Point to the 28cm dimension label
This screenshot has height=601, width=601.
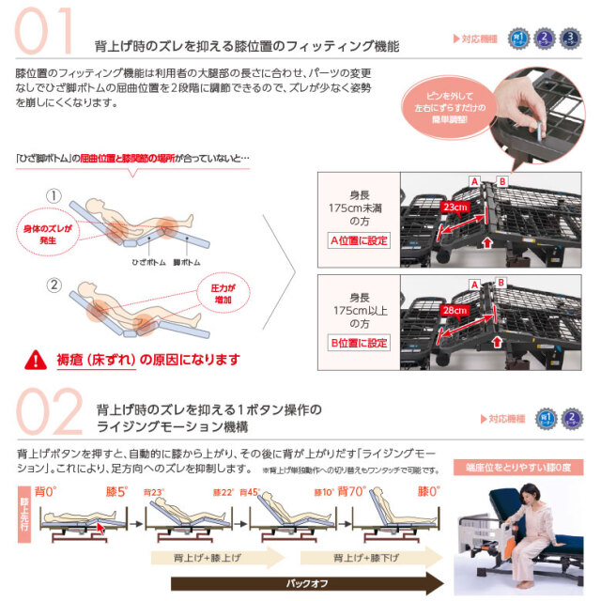tap(456, 309)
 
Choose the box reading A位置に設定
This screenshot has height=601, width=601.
tap(359, 240)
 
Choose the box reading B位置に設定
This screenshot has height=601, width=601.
tap(359, 343)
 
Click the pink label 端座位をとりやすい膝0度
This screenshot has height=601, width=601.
tap(526, 467)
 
